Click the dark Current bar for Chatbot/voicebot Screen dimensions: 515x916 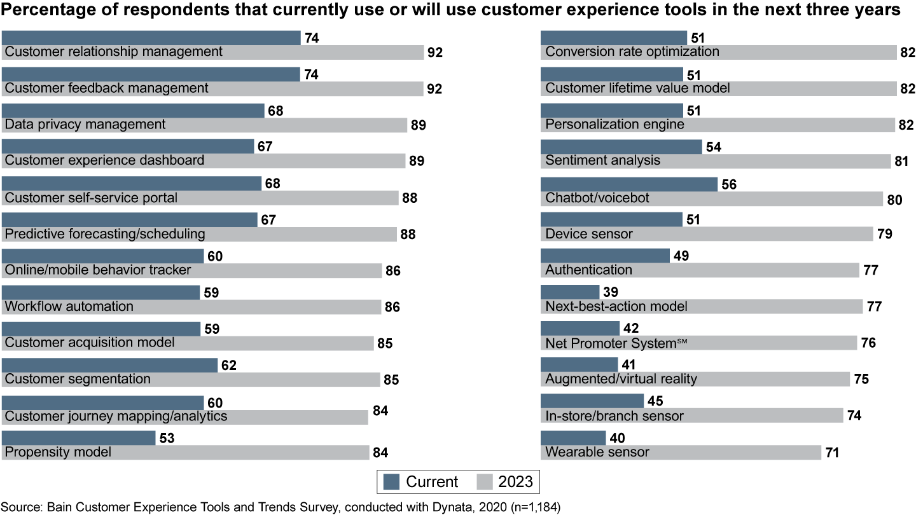click(628, 184)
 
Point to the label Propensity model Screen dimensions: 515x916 click(58, 452)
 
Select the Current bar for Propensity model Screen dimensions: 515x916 click(79, 438)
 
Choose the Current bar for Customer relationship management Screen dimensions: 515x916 click(151, 38)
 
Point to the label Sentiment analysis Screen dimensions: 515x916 click(602, 161)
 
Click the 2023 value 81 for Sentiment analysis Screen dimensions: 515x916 click(901, 161)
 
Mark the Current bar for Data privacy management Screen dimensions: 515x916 click(133, 111)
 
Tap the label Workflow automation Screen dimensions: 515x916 click(69, 306)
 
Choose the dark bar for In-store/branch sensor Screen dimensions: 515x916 click(592, 401)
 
